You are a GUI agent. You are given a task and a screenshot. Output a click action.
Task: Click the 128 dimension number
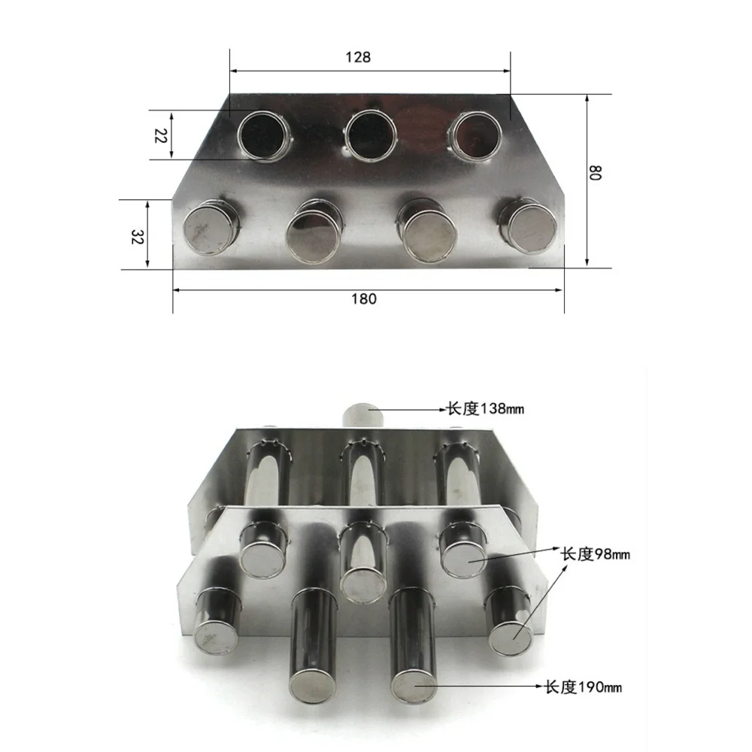[x=358, y=58]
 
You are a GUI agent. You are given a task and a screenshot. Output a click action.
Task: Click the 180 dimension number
[x=364, y=299]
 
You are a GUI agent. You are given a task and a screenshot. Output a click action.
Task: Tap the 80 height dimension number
[x=595, y=172]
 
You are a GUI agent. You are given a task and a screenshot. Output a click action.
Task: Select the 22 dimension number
[x=160, y=135]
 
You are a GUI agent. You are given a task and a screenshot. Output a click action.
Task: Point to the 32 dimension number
[x=137, y=236]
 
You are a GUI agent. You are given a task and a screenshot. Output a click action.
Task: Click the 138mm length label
[x=485, y=409]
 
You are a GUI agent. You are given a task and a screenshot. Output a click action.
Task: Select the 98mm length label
[x=595, y=554]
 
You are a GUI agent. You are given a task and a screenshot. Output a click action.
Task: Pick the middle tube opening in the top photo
[x=371, y=135]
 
